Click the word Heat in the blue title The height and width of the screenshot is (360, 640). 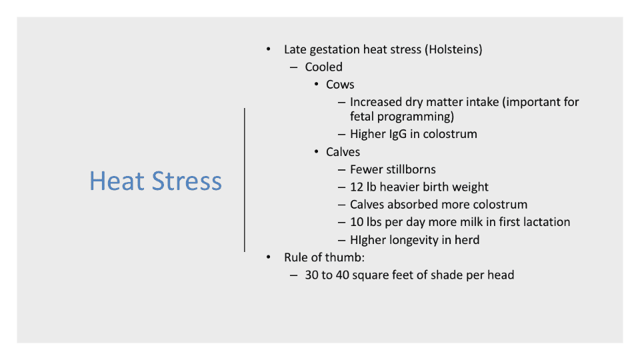coord(117,181)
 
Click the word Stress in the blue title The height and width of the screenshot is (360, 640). coord(187,181)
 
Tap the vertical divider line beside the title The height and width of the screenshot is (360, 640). coord(245,180)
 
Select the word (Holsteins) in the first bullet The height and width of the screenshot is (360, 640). coord(453,49)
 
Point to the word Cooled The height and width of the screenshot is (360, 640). coord(324,67)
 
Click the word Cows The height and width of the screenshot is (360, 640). coord(340,85)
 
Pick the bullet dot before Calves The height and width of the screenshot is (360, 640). coord(316,152)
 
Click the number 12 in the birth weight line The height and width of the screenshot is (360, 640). coord(357,187)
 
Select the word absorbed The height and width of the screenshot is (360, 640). coord(409,205)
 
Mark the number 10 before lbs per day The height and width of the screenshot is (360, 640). coord(357,222)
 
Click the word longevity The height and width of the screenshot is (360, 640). coord(414,240)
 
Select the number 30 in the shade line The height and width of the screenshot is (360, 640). coord(311,275)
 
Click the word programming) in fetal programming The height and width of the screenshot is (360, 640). coord(415,117)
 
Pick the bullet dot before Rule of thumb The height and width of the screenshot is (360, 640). coord(268,257)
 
